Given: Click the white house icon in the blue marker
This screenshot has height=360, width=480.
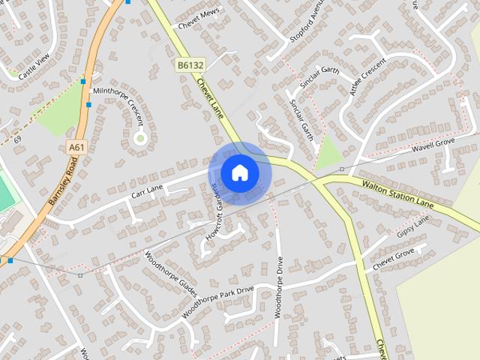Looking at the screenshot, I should pos(239,172).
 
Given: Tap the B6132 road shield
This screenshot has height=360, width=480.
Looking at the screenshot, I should pos(190,66).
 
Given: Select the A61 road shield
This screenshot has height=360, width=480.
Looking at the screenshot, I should pos(75,148).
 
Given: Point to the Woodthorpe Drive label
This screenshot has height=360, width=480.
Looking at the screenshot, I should pos(278,288).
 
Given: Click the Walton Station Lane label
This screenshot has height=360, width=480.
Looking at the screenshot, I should pos(397,193).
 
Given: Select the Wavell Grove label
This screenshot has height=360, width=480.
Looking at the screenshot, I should pos(434,142).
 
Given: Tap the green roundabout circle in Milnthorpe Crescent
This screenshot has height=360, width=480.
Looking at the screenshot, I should pos(139,138).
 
